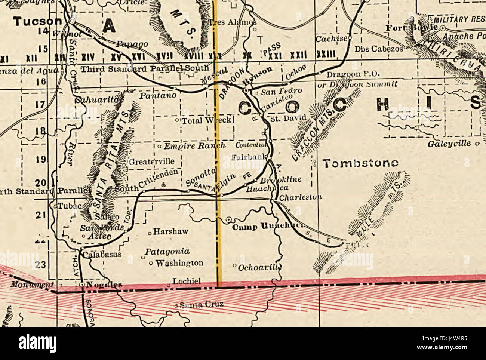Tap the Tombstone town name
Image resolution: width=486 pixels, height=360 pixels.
(x=360, y=163)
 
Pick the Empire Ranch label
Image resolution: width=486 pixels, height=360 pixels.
(x=194, y=146)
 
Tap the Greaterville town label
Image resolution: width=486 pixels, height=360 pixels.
(x=151, y=162)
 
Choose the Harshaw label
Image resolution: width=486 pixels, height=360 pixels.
(x=170, y=232)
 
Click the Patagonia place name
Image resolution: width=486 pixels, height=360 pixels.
(x=167, y=252)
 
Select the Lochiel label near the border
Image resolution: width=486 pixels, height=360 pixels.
(x=187, y=281)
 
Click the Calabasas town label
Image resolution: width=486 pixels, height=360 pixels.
(x=102, y=254)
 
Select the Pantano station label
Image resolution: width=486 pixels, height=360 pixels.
(x=158, y=96)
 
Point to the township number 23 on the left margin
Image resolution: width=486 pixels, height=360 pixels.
(x=41, y=265)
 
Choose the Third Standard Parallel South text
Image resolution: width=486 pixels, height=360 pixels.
(x=145, y=69)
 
